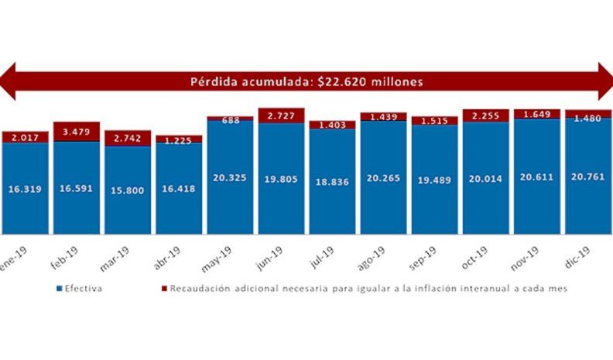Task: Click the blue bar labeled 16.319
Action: click(x=25, y=188)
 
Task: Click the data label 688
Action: click(x=229, y=121)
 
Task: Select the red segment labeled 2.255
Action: click(x=485, y=115)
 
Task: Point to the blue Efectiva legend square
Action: click(x=59, y=289)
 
